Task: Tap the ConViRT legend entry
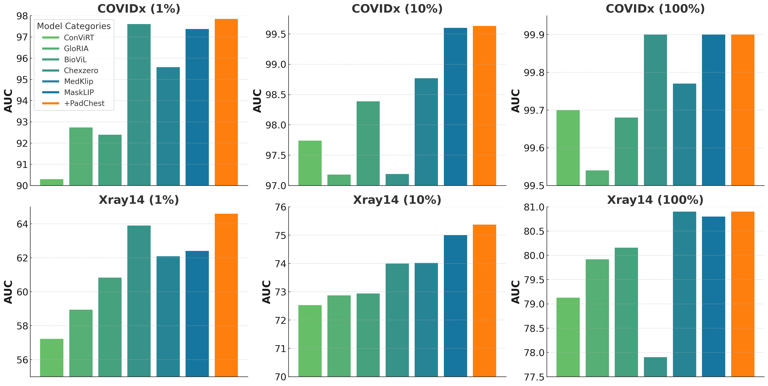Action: point(79,38)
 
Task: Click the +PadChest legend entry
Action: point(84,103)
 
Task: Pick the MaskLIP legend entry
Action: point(79,92)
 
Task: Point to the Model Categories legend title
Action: point(74,26)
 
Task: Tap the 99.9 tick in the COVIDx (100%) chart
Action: point(534,35)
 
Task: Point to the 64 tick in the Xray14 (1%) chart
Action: point(22,224)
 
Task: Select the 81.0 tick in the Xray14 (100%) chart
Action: point(534,207)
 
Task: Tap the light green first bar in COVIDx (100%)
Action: point(568,148)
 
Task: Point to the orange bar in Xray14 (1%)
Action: point(226,295)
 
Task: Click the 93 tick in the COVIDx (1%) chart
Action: point(22,122)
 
